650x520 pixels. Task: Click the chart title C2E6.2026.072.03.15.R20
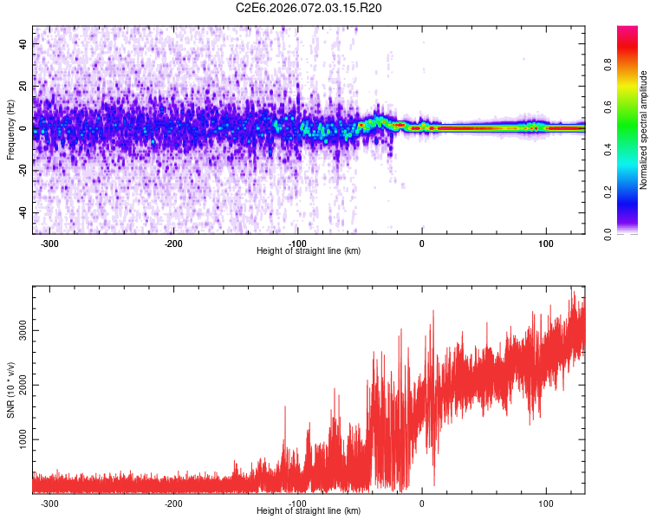pos(309,8)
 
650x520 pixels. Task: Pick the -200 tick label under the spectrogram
pos(172,244)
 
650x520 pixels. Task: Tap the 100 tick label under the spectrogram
pos(546,244)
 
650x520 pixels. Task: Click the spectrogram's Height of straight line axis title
pos(309,251)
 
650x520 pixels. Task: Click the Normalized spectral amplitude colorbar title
pos(643,130)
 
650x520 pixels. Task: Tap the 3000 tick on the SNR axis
pos(20,331)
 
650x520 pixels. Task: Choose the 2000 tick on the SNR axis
pos(20,386)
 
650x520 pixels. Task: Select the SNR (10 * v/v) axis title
pos(11,390)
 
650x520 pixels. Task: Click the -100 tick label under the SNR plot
pos(296,504)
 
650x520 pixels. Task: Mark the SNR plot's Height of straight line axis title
pos(309,511)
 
